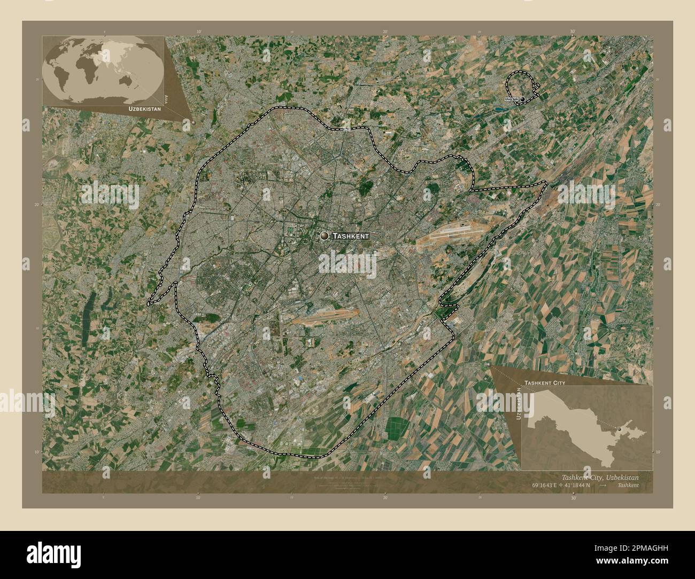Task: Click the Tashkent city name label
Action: pos(350,236)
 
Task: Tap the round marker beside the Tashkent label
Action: pos(325,236)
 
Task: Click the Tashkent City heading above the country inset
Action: pos(545,383)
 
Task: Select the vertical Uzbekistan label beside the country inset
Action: pos(519,406)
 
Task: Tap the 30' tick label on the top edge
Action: pos(573,32)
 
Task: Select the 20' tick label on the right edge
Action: pos(658,205)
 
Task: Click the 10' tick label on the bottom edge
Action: pos(198,497)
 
